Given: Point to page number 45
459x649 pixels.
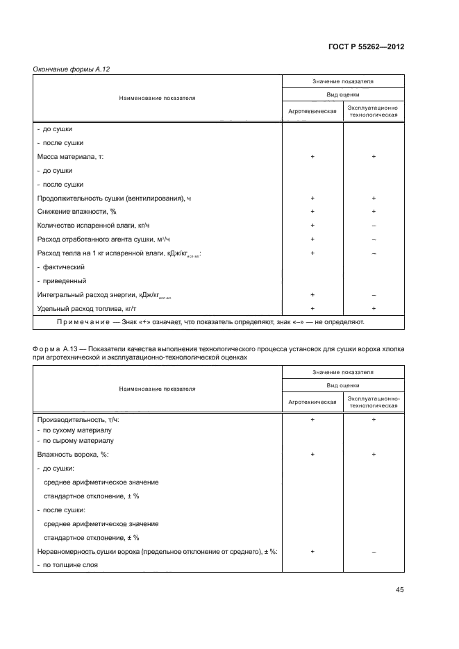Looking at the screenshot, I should [x=399, y=590].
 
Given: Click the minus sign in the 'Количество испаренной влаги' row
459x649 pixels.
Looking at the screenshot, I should [x=374, y=226].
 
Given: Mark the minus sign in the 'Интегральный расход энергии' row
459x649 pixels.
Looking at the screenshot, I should [x=374, y=295].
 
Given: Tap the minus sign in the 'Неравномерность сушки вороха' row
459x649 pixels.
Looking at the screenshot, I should [x=374, y=551].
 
